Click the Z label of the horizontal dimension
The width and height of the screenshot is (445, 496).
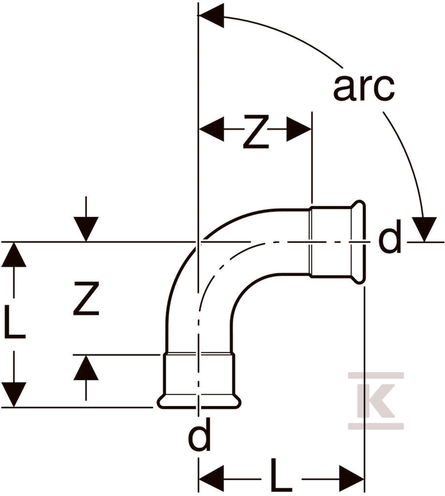click(256, 132)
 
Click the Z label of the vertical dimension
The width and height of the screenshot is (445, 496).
click(86, 299)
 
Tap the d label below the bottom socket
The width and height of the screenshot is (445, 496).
click(199, 434)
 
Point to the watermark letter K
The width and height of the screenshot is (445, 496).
click(376, 401)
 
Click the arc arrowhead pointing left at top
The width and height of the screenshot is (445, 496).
click(211, 15)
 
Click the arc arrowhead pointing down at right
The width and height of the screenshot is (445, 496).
click(425, 229)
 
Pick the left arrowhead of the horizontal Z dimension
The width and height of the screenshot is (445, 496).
click(211, 129)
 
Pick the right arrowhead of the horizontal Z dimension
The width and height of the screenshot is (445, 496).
click(299, 129)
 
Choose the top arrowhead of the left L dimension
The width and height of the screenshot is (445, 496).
click(14, 255)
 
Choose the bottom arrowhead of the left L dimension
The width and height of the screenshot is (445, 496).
click(14, 394)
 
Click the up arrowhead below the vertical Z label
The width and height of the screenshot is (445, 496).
click(86, 367)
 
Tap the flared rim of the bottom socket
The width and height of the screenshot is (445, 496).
click(199, 402)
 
